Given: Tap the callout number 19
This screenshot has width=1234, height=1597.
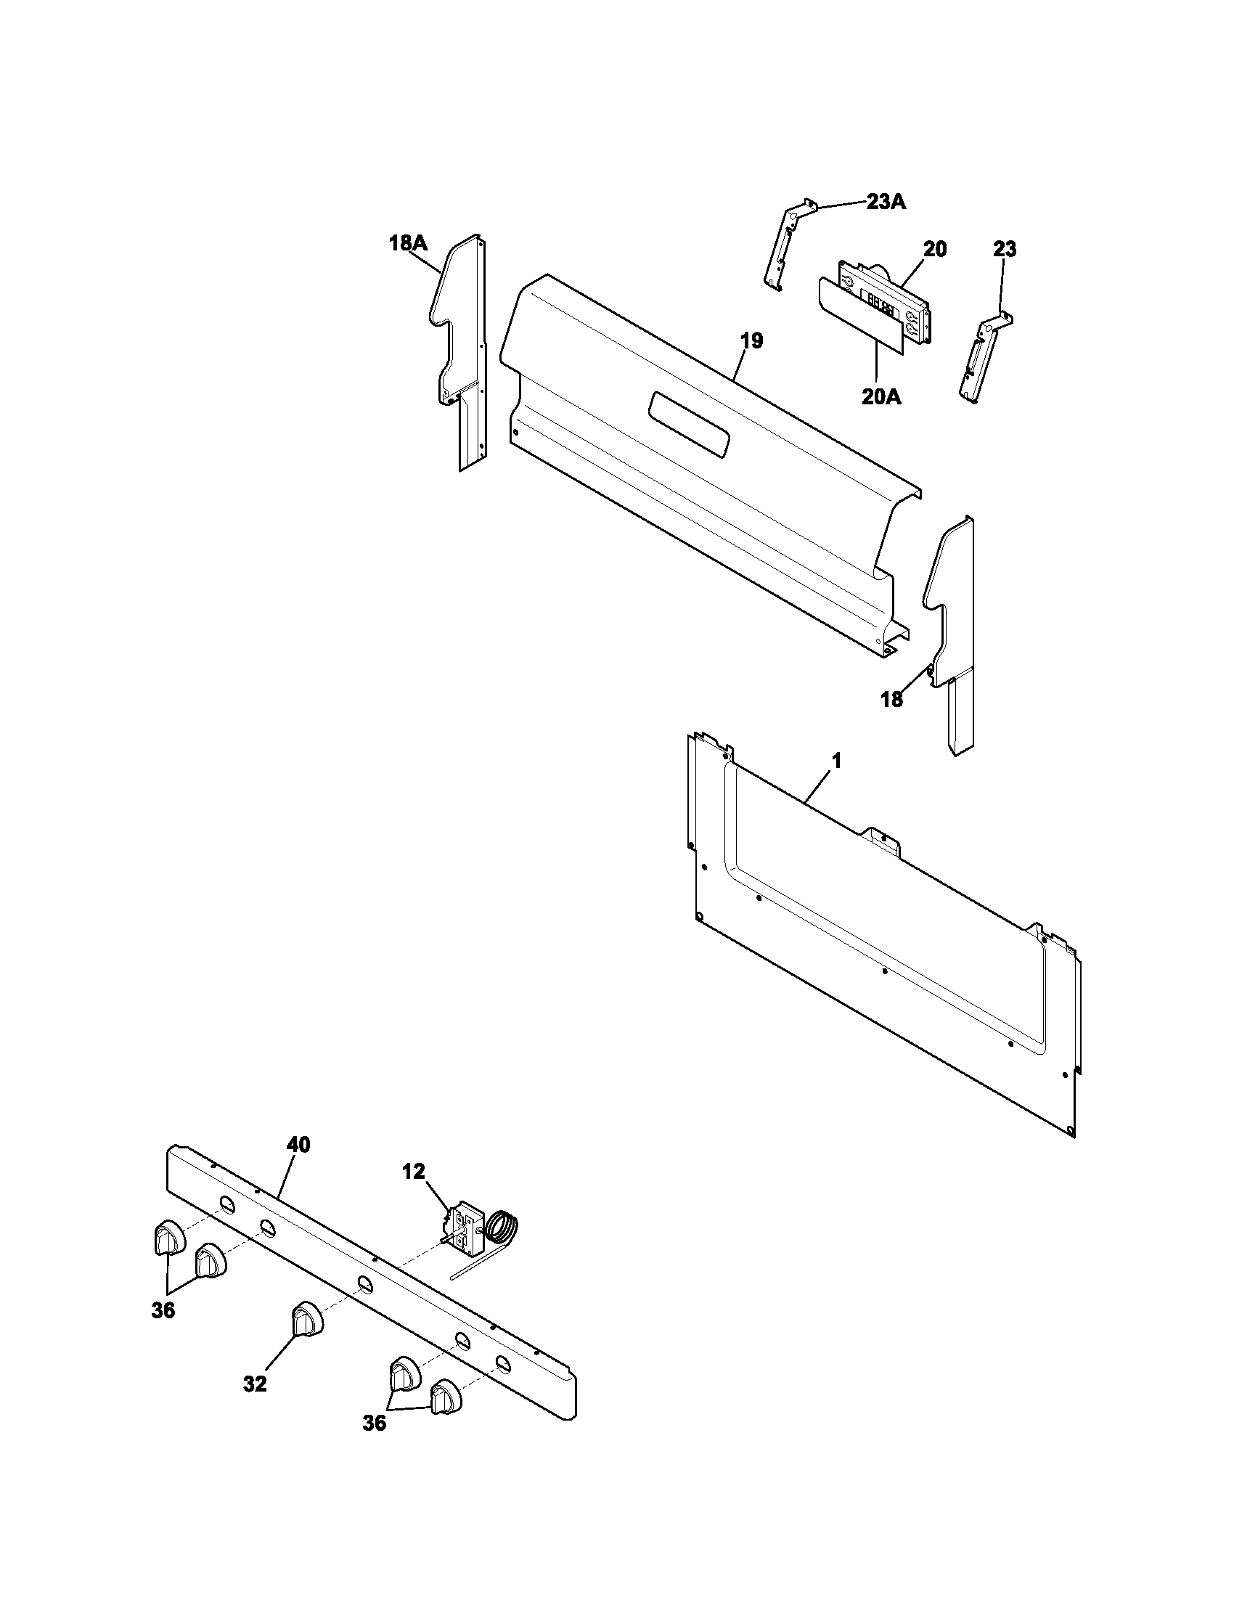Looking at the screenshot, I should (x=751, y=340).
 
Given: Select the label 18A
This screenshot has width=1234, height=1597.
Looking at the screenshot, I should (x=407, y=243).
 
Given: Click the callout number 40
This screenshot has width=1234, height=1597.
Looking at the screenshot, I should (x=298, y=1144).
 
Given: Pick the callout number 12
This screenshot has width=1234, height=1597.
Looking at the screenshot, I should (x=413, y=1172).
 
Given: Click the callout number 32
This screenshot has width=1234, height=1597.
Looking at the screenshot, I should (x=254, y=1384).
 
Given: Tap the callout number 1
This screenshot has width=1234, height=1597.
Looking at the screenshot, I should (x=836, y=761).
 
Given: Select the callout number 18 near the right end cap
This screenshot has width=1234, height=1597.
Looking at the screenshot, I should (x=891, y=700).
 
